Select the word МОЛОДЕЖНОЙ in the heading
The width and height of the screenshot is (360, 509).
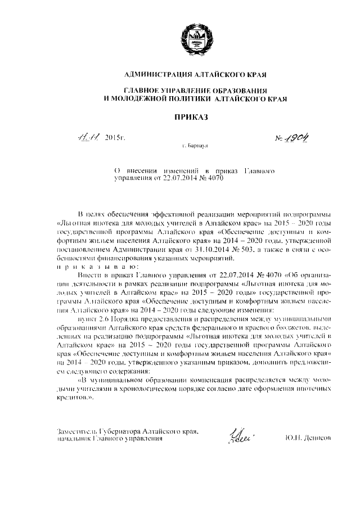click(x=137, y=98)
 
